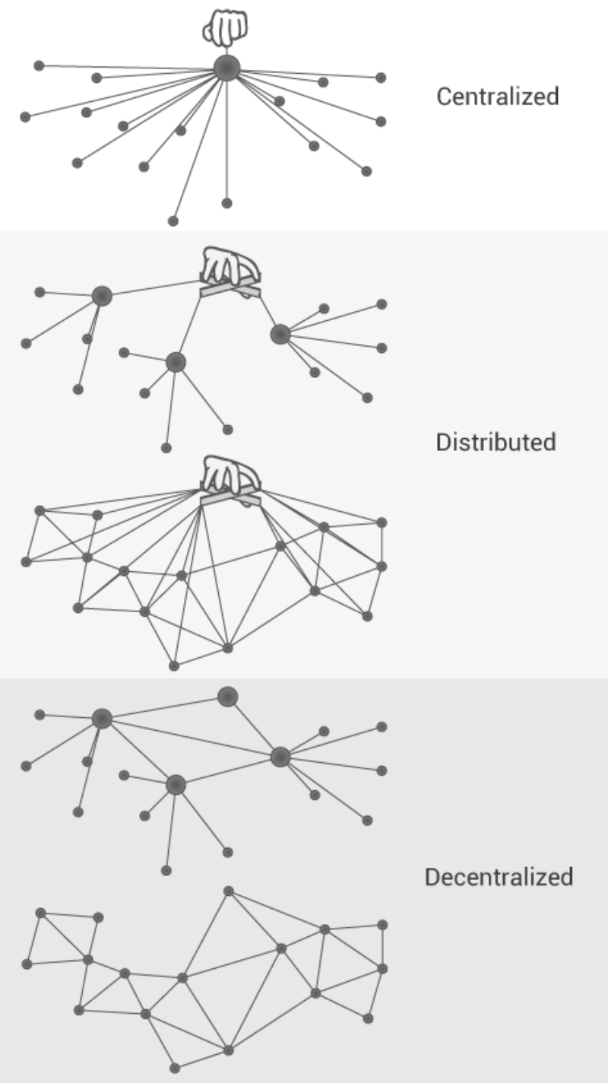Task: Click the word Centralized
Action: tap(498, 97)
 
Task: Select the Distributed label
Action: tap(496, 442)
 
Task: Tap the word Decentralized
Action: tap(499, 877)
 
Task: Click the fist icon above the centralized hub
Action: tap(225, 29)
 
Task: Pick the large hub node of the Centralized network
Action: tap(226, 68)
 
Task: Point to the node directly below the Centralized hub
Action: tap(226, 203)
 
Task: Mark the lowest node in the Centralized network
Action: tap(173, 221)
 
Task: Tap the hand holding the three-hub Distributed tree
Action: tap(230, 268)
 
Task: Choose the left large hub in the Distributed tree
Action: tap(102, 296)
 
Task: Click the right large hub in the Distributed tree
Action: tap(280, 334)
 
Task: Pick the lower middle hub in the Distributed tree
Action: tap(176, 362)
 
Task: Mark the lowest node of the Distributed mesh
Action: tap(174, 666)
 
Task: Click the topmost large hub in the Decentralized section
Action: tap(227, 696)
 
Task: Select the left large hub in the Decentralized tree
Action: tap(102, 719)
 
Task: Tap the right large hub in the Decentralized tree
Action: tap(280, 757)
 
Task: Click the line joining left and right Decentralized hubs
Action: tap(190, 738)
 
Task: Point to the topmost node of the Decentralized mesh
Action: tap(228, 891)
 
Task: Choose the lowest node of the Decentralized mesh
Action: tap(175, 1068)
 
